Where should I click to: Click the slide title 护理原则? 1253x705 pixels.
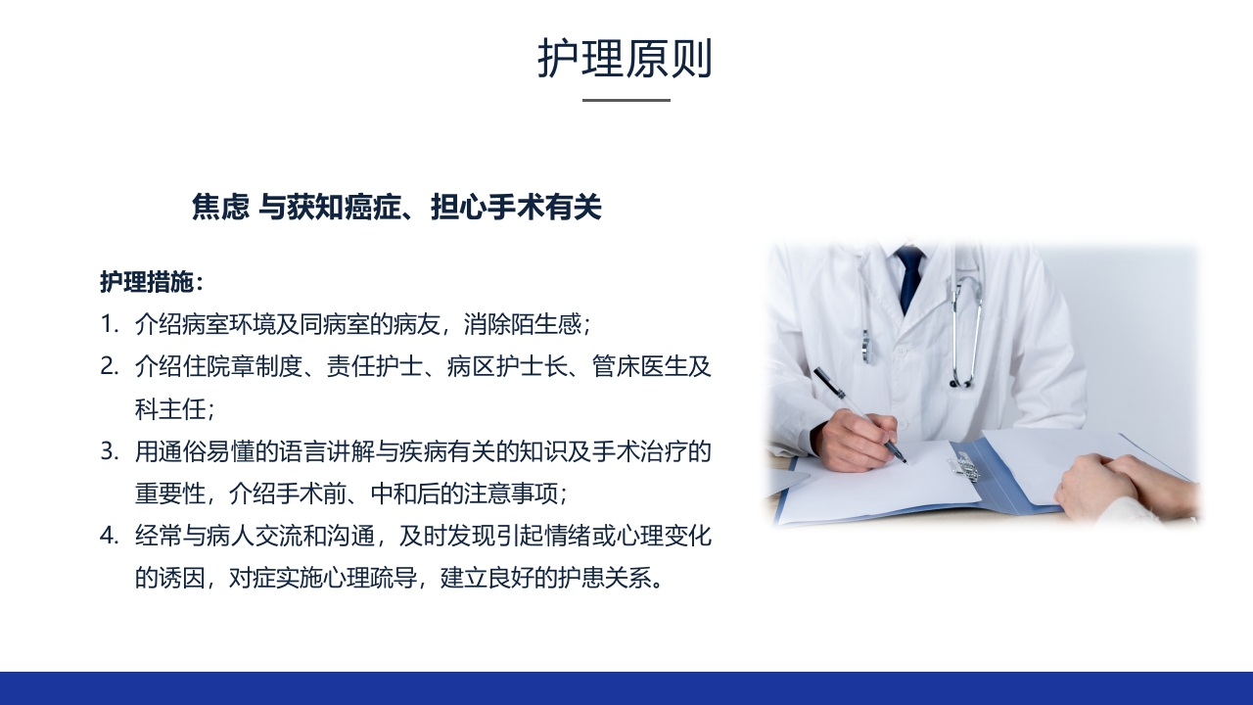pos(625,59)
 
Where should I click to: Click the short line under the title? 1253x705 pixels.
pos(626,100)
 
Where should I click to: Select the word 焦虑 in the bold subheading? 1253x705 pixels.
pos(220,208)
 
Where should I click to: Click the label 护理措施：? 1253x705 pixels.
pos(152,282)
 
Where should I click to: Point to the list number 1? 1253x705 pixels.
pos(109,323)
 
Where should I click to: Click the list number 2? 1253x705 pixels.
pos(109,367)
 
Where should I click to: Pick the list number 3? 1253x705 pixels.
pos(109,452)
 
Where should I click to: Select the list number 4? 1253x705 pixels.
pos(109,537)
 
